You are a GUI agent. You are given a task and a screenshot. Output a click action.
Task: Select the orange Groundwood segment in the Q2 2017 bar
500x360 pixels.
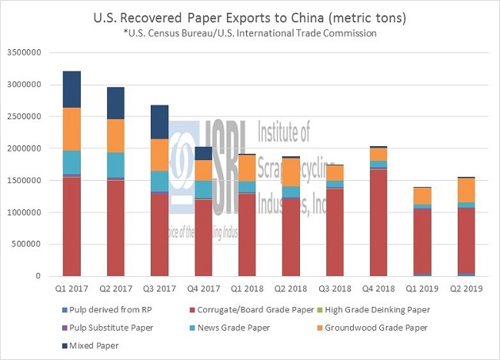[x=115, y=135]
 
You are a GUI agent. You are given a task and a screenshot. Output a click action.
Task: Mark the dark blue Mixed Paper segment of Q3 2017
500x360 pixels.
[x=159, y=122]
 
